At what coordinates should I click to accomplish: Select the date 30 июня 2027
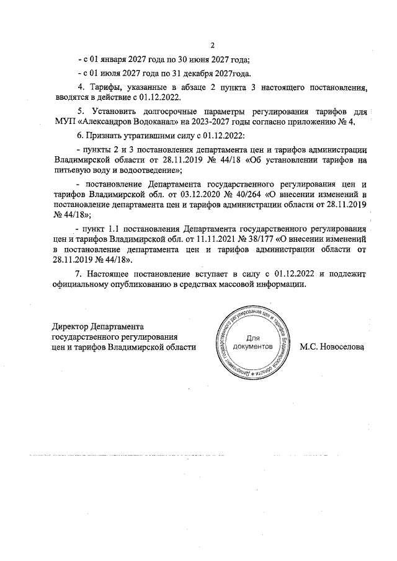coord(207,60)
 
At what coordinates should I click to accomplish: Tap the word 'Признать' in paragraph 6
coord(101,135)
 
